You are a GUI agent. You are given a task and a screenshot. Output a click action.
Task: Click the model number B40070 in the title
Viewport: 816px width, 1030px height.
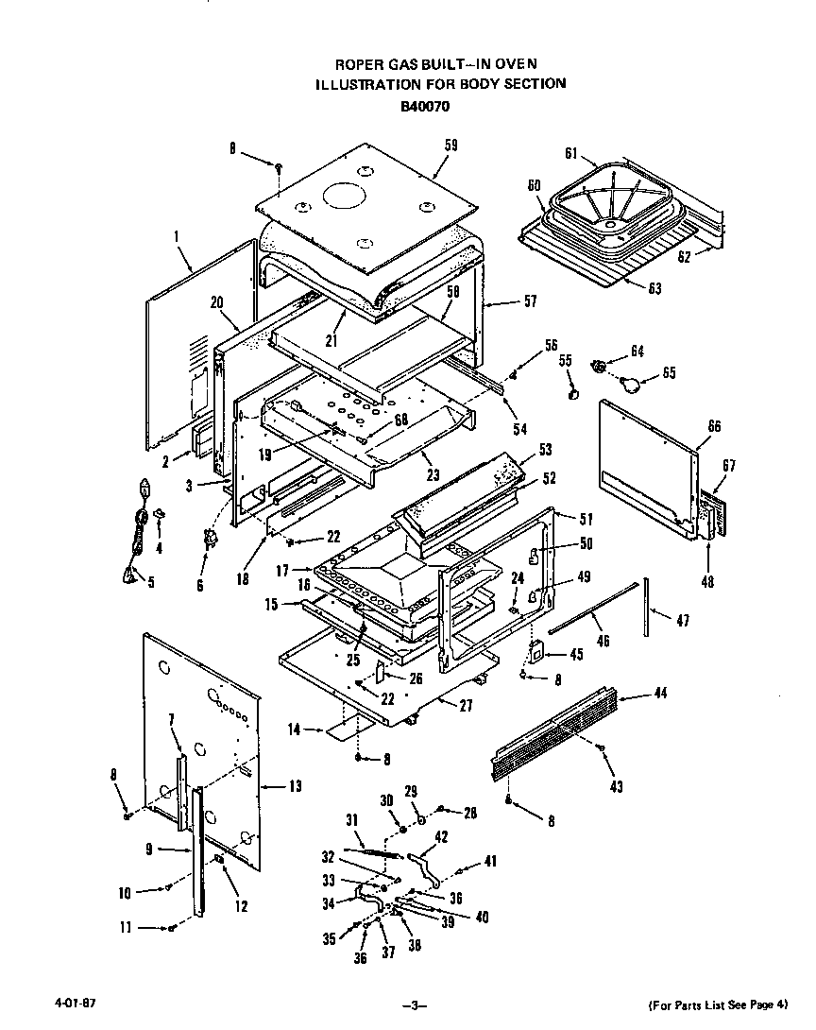click(x=424, y=106)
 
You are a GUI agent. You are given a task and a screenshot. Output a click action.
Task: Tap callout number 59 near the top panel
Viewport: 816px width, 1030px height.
click(x=450, y=145)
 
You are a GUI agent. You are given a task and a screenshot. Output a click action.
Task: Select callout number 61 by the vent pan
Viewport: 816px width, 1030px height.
click(x=570, y=154)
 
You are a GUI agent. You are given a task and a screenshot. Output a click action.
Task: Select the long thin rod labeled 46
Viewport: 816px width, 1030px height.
click(x=586, y=609)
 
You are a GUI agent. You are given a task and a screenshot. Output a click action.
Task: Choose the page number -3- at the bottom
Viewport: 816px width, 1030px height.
click(x=414, y=1004)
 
